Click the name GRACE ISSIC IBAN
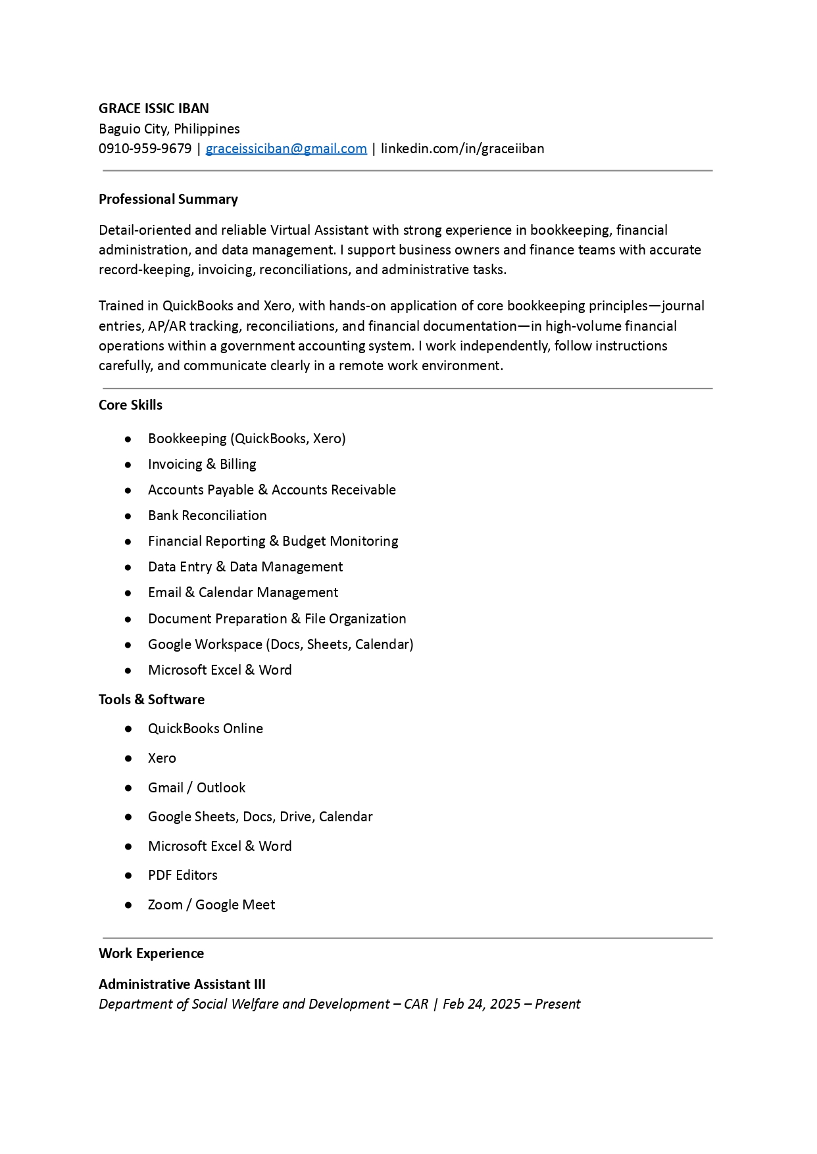click(x=153, y=108)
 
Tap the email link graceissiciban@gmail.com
click(x=286, y=149)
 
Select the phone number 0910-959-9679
click(x=145, y=149)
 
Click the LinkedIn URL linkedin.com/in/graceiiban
click(x=462, y=149)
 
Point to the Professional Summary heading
click(x=168, y=199)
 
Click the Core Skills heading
click(x=130, y=405)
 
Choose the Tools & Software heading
click(x=151, y=700)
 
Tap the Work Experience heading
click(x=151, y=953)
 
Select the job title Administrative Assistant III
click(x=182, y=984)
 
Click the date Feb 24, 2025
click(x=482, y=1004)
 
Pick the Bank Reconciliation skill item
click(x=207, y=516)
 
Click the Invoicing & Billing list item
click(x=202, y=464)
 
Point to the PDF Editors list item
click(x=182, y=875)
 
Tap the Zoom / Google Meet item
click(x=211, y=905)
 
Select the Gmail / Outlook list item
click(x=196, y=788)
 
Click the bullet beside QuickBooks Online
click(x=128, y=729)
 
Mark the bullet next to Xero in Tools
click(x=128, y=758)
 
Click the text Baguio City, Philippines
click(x=169, y=129)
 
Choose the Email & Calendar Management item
click(x=243, y=592)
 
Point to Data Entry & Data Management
click(x=245, y=567)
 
